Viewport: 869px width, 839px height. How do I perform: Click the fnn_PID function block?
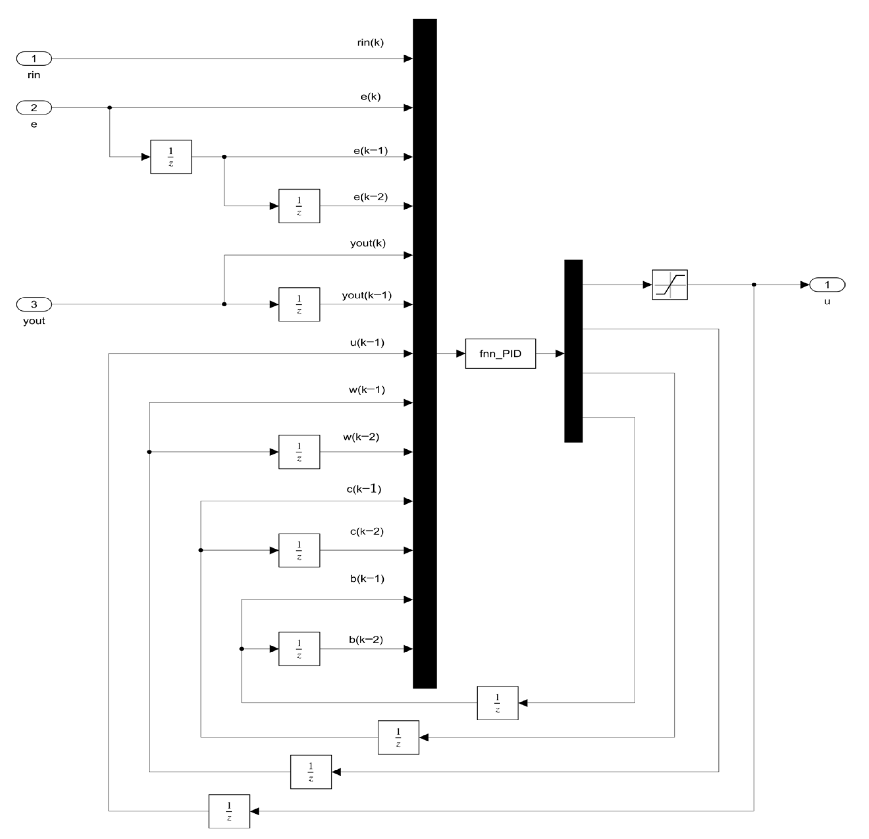(x=500, y=354)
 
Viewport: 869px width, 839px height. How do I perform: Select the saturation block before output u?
(x=670, y=285)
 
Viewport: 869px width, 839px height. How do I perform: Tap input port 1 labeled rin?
(x=34, y=58)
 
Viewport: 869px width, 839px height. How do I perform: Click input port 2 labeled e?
(x=34, y=108)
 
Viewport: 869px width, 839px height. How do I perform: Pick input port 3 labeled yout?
(x=34, y=304)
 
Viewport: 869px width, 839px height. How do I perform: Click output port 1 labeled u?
(x=827, y=285)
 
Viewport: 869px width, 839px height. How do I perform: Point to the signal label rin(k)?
(x=370, y=43)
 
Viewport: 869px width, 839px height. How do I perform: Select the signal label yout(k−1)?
(x=367, y=295)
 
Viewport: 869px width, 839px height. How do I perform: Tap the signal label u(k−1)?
(x=367, y=342)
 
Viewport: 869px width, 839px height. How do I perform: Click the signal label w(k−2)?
(x=361, y=437)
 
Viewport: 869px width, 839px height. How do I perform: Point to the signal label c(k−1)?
(x=363, y=489)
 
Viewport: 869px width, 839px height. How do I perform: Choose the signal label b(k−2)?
(x=366, y=639)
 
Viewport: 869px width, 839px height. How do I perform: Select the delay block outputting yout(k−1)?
(x=299, y=304)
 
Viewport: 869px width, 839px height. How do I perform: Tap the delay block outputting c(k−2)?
(x=299, y=550)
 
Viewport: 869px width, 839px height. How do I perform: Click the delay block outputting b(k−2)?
(x=299, y=649)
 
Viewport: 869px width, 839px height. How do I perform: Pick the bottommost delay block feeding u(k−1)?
(x=229, y=811)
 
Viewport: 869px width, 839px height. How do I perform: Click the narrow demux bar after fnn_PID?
(x=573, y=351)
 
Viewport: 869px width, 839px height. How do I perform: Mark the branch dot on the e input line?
(x=109, y=108)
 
